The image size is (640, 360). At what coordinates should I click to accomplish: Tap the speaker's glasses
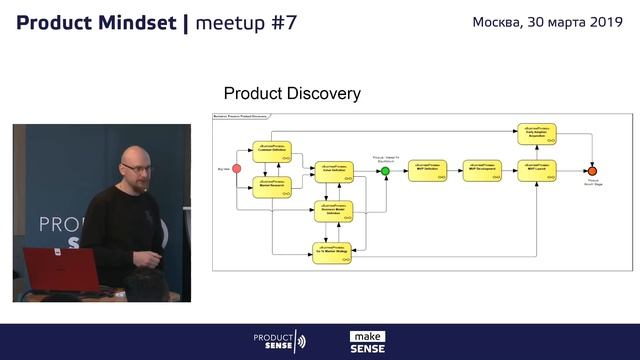click(137, 166)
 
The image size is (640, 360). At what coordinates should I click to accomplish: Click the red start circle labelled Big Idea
click(237, 169)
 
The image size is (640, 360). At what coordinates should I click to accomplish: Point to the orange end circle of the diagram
click(592, 171)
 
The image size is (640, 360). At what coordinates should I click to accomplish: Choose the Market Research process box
click(271, 186)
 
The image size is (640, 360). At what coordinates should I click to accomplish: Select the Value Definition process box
click(334, 172)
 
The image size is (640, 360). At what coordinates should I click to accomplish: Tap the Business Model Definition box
click(334, 211)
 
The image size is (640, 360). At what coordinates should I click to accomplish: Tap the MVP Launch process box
click(537, 171)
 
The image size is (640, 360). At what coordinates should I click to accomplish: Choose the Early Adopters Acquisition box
click(537, 132)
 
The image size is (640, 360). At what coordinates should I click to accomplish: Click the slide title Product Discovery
click(292, 94)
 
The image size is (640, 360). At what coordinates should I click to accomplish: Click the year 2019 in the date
click(604, 21)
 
